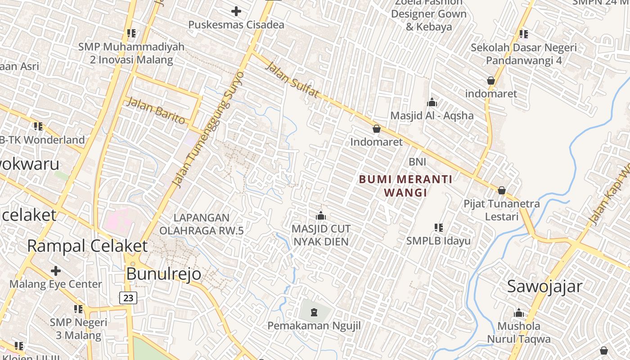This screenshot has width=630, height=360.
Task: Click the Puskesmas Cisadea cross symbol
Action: coord(236,11)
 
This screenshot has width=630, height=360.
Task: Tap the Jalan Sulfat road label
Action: coord(292,80)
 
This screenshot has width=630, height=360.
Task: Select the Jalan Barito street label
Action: coord(156,110)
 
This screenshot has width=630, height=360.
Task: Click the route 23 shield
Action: coord(128,297)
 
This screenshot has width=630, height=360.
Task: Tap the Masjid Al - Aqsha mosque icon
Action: coord(432,103)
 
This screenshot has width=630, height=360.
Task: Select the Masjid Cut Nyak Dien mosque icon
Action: coord(321,216)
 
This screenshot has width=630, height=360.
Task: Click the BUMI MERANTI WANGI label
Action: coord(405,186)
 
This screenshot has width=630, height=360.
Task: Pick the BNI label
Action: coord(417,162)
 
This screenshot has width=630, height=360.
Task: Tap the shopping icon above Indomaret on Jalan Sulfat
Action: coord(377,129)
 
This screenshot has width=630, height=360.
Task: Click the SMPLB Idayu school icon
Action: coord(439,228)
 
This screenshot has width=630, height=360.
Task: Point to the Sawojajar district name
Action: coord(544,286)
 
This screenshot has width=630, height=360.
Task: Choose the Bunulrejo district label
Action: coord(163,274)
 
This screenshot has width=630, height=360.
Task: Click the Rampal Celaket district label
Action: coord(87,246)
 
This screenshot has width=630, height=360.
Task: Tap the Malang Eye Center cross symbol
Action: coord(56,271)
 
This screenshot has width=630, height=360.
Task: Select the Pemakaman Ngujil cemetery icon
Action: coord(314,311)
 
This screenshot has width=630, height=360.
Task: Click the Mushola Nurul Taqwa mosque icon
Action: coord(519,313)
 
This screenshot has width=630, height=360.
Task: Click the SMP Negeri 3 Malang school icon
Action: coord(78,309)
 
